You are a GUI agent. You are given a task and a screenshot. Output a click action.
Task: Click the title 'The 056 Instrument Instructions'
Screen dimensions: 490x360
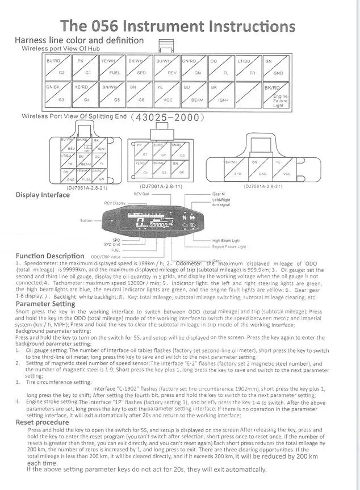(178, 26)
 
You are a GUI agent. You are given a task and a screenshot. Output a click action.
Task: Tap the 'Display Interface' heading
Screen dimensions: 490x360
(43, 195)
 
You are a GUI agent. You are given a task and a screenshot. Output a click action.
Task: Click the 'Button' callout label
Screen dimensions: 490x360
(86, 220)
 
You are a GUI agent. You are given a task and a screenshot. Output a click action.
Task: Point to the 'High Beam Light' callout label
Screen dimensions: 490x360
(227, 241)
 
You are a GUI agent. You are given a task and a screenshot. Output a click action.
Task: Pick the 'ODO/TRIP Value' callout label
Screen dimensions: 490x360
(106, 257)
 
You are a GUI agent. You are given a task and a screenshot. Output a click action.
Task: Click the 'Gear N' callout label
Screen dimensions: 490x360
(219, 194)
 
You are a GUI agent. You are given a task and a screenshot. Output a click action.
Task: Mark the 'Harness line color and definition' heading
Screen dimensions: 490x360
(79, 41)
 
